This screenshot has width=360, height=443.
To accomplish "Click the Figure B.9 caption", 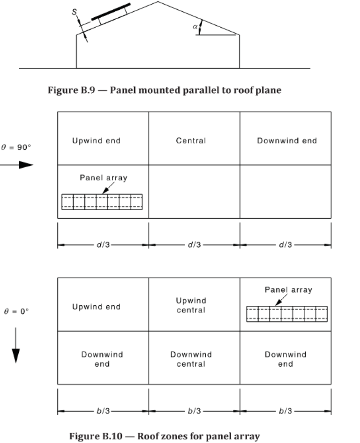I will [165, 90].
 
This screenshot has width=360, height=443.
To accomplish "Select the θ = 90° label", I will [16, 147].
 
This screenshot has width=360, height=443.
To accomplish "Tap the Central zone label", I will [191, 140].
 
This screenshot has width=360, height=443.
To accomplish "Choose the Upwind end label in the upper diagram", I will [96, 140].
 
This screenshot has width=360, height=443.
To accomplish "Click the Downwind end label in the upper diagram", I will [287, 140].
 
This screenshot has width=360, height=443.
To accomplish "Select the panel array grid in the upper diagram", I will [102, 202].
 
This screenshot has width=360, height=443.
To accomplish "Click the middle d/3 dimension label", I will [194, 244].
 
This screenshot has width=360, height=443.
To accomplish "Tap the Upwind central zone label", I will [191, 305].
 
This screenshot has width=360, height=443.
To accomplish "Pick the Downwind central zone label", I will [191, 359].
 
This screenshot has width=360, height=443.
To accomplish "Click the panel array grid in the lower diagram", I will [287, 314].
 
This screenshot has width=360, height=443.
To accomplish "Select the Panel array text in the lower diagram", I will [288, 290].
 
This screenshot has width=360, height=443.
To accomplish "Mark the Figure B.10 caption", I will [165, 436].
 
